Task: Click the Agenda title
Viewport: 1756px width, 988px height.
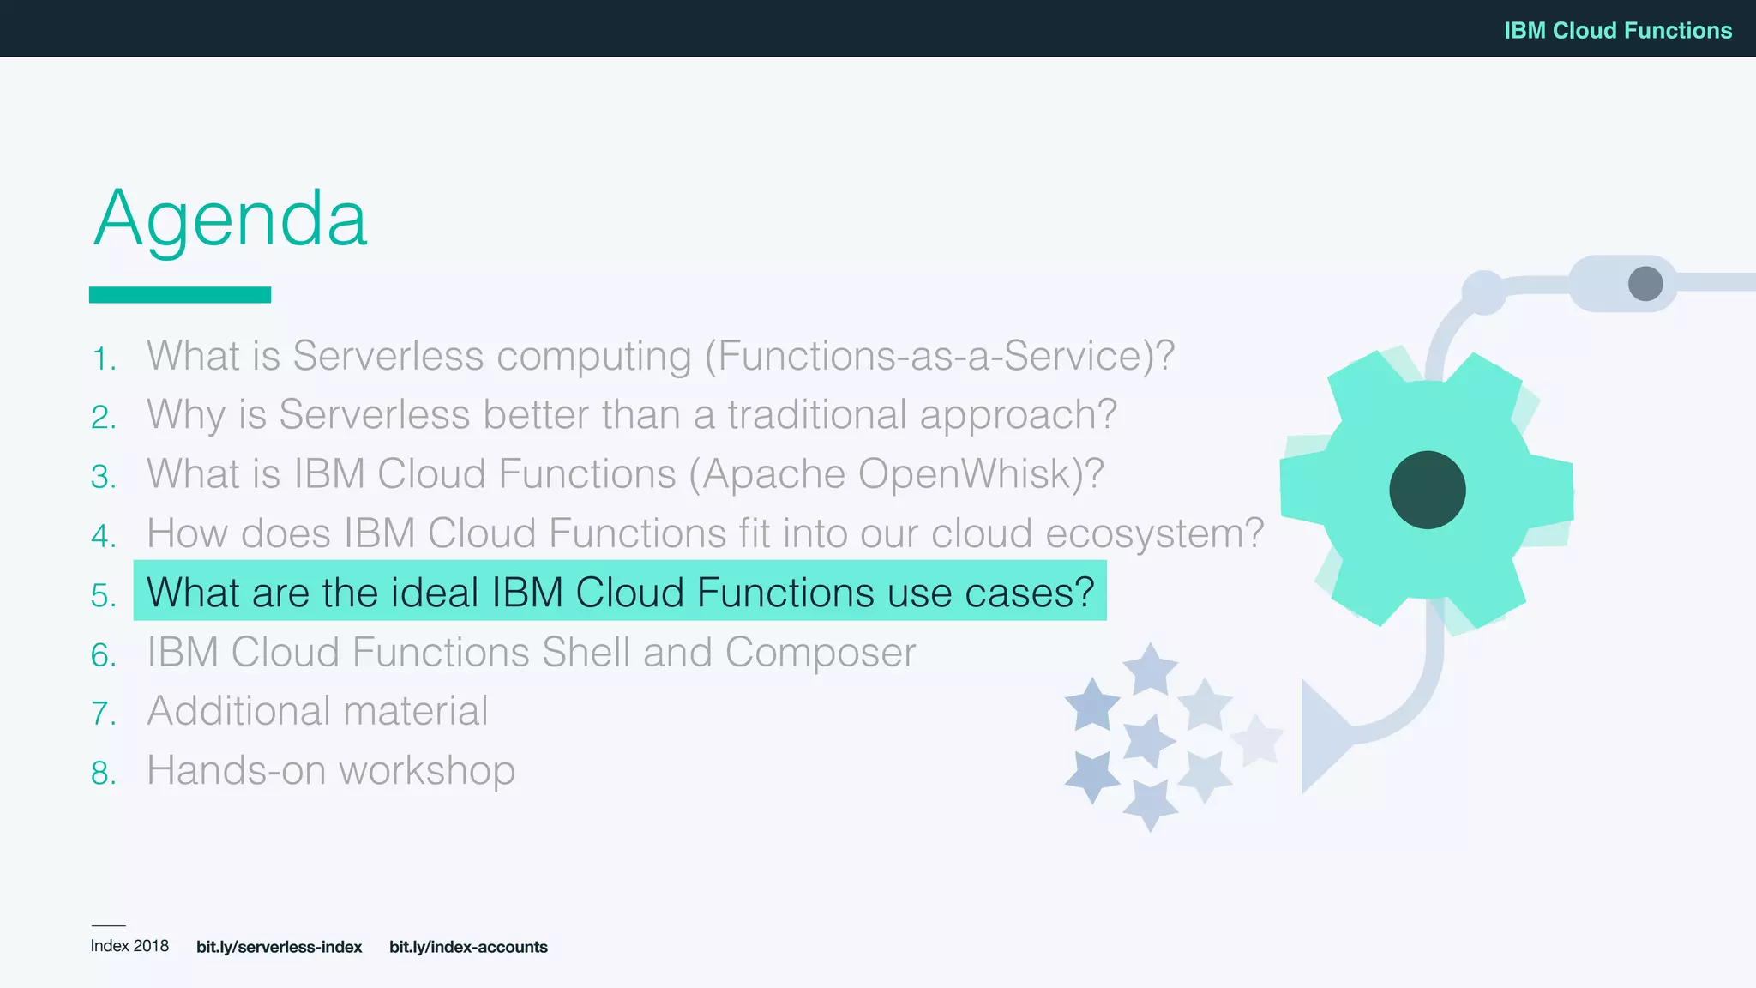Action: tap(230, 219)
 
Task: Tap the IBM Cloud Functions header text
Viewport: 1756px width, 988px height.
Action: tap(1617, 30)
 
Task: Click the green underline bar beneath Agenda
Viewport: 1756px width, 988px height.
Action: tap(180, 295)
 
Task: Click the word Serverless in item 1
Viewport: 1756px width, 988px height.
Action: tap(388, 356)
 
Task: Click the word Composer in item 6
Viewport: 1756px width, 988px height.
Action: tap(820, 652)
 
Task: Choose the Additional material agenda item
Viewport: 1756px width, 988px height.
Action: tap(317, 711)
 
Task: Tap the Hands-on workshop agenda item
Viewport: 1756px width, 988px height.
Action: tap(331, 770)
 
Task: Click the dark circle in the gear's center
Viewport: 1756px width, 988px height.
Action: tap(1427, 490)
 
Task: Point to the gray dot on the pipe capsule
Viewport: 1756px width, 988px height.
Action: tap(1645, 284)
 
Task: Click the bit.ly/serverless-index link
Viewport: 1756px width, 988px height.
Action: tap(279, 947)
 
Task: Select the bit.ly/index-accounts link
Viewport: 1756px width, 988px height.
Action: tap(468, 947)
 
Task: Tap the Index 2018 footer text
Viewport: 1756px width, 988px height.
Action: tap(129, 946)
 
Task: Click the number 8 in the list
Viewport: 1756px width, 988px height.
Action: tap(102, 774)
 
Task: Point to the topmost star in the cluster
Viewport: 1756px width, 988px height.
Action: tap(1150, 670)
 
